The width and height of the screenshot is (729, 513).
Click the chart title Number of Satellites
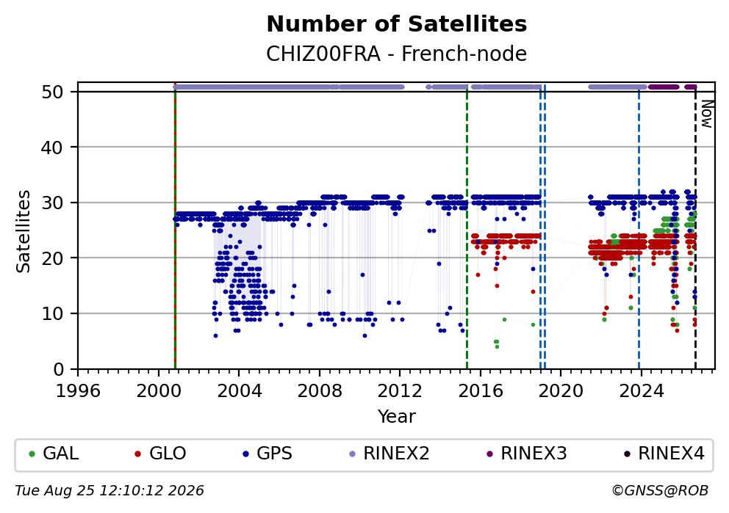[397, 24]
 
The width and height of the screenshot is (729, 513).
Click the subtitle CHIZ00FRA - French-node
[397, 54]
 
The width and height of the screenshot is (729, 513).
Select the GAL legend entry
[54, 454]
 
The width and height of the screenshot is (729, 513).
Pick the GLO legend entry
[160, 454]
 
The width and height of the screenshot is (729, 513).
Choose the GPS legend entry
[267, 454]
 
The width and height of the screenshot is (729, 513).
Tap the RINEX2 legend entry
[389, 454]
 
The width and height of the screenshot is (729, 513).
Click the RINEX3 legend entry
[527, 454]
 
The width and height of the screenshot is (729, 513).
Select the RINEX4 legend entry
[664, 454]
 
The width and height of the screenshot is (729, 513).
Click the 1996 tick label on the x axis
[78, 391]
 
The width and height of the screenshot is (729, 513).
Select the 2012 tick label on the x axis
[400, 391]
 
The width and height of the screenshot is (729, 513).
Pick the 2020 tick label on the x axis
[561, 391]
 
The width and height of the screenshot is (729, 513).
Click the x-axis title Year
[397, 416]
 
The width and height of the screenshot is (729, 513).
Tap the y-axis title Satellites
[24, 231]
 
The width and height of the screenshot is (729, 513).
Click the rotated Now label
[706, 114]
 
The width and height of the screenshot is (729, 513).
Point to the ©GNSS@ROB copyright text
[660, 491]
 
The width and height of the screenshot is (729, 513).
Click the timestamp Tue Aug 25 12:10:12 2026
[109, 491]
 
